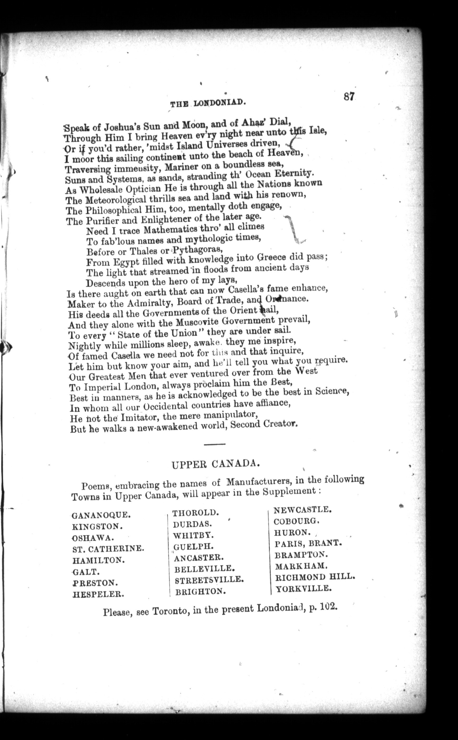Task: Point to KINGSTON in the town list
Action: pyautogui.click(x=97, y=526)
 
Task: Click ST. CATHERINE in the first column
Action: pyautogui.click(x=108, y=549)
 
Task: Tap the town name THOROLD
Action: pyautogui.click(x=196, y=512)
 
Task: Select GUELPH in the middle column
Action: pyautogui.click(x=194, y=547)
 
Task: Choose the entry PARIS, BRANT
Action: pyautogui.click(x=308, y=543)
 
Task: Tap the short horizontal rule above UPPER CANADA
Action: pyautogui.click(x=214, y=444)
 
